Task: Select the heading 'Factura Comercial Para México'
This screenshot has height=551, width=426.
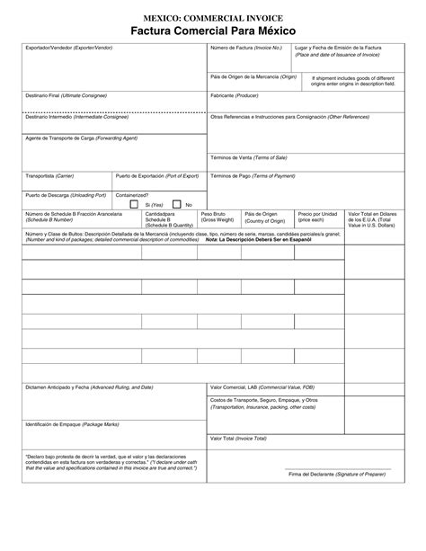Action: [213, 31]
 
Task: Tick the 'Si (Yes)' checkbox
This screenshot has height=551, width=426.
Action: [134, 204]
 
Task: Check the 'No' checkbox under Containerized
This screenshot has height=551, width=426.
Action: [177, 204]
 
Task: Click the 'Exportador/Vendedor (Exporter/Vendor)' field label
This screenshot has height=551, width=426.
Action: [68, 46]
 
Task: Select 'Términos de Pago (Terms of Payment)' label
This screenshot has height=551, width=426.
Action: [253, 176]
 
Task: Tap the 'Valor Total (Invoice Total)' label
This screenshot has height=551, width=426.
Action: [238, 438]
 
